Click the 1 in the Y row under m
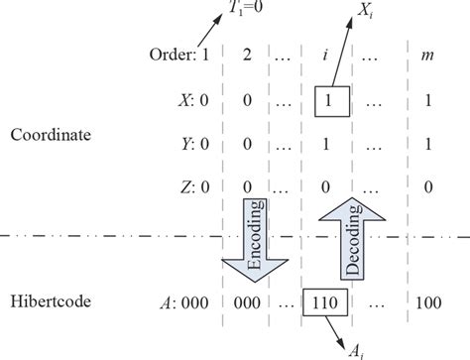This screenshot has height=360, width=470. click(x=427, y=145)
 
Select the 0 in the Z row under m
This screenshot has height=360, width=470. click(x=427, y=186)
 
